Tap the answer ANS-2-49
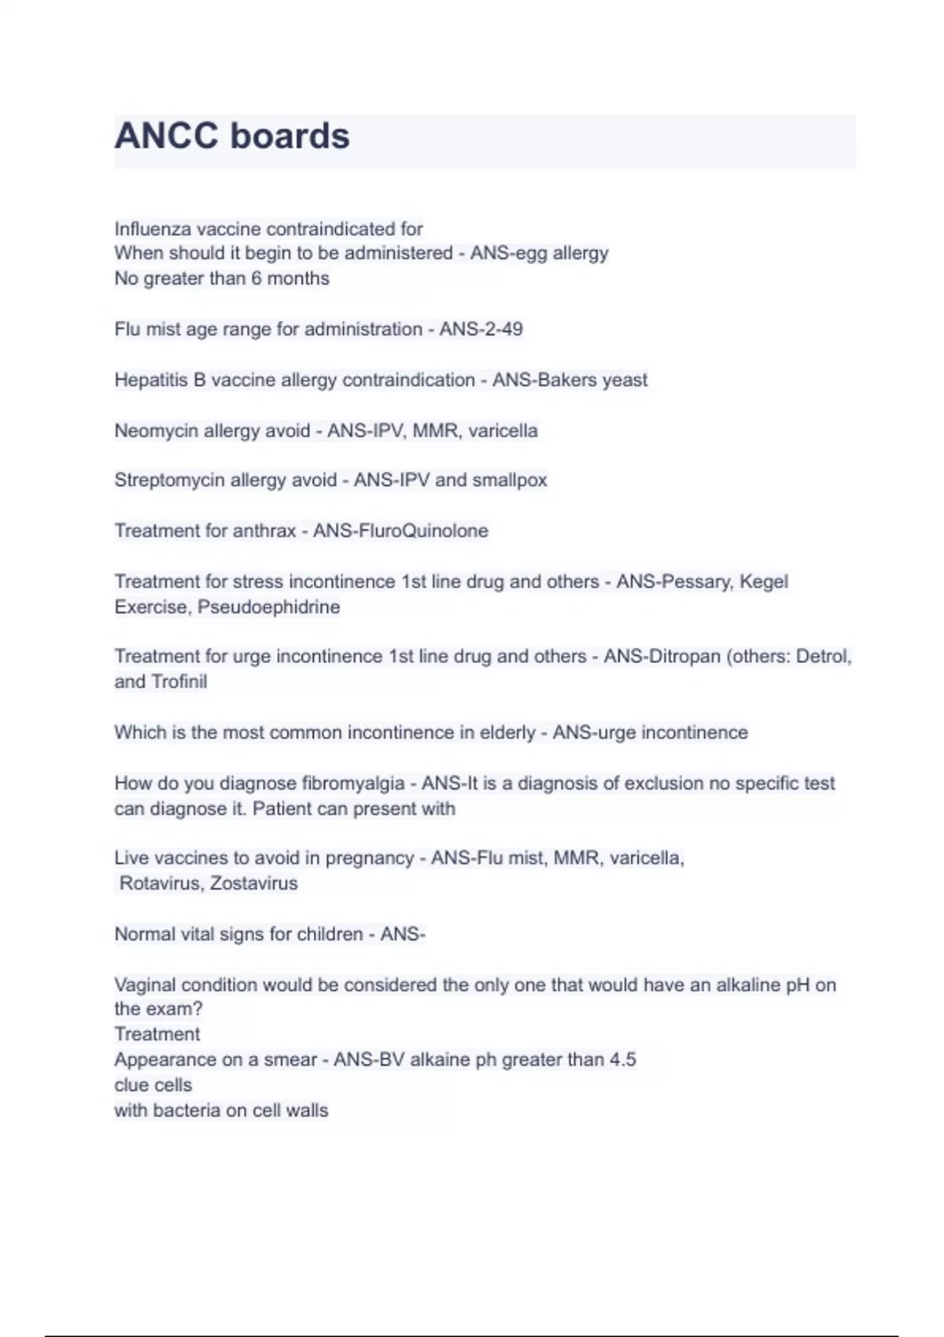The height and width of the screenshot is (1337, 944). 481,329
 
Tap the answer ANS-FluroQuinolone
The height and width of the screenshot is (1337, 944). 400,531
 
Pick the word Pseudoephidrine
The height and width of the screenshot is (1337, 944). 268,607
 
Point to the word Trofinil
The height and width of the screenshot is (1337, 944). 179,682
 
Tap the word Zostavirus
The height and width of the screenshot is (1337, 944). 253,883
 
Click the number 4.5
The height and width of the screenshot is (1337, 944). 622,1060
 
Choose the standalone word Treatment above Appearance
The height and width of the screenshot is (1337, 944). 157,1034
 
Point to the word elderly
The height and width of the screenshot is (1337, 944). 507,733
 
